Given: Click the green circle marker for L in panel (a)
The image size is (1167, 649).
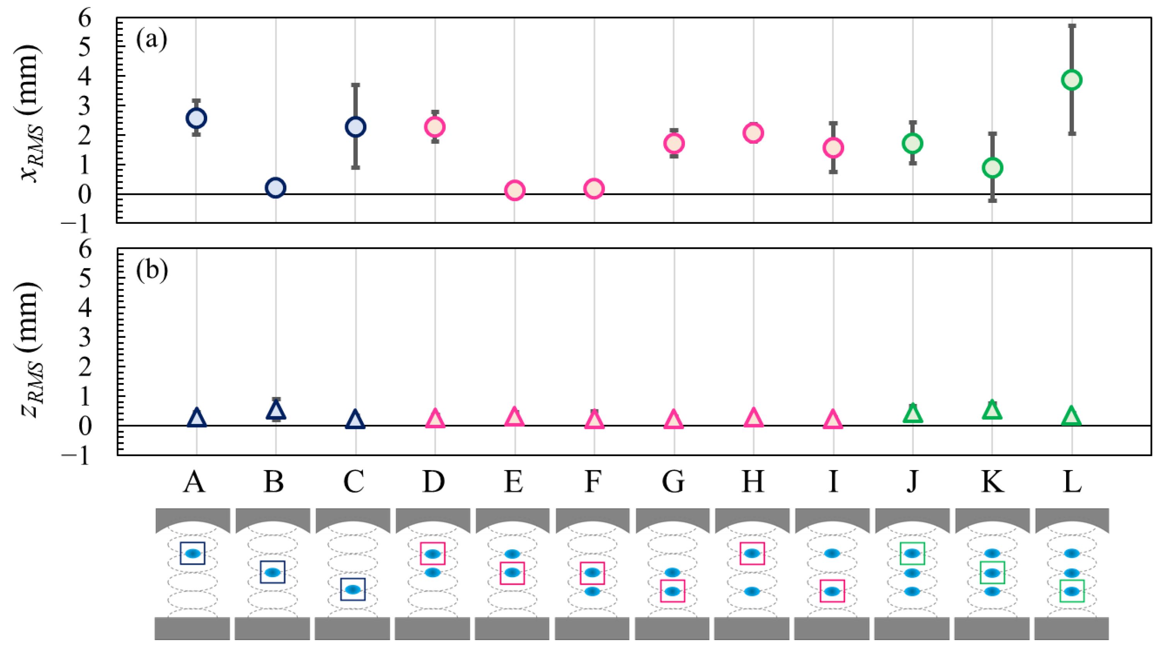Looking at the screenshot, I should click(x=1072, y=80).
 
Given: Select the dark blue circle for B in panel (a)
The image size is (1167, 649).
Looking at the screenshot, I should click(x=276, y=187).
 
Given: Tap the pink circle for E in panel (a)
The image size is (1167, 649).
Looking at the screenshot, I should click(x=515, y=190).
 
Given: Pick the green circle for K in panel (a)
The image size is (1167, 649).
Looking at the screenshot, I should click(x=992, y=168).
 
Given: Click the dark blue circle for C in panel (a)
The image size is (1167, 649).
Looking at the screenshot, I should click(x=355, y=127).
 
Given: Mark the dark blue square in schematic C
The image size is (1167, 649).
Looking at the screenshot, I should click(x=353, y=589).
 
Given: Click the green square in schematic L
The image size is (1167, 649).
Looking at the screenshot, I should click(x=1072, y=591).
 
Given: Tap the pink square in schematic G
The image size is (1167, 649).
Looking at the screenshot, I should click(x=672, y=591).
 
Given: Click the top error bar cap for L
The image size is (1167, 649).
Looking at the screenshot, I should click(x=1072, y=26).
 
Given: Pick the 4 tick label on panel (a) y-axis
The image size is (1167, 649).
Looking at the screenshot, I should click(x=85, y=77).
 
